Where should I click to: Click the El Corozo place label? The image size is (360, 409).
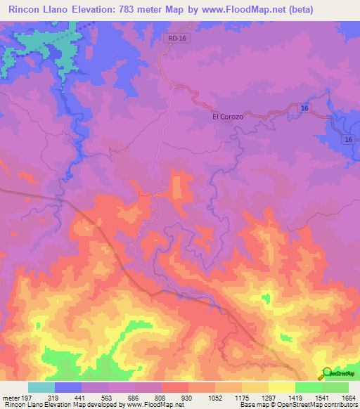[228, 117]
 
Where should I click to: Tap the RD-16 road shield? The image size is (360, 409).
[179, 39]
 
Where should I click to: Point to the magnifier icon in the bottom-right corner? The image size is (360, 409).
[326, 373]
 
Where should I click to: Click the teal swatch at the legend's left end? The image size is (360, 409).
[41, 387]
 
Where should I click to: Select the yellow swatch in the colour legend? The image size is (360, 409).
[282, 387]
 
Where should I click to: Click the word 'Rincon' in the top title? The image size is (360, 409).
[26, 9]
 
